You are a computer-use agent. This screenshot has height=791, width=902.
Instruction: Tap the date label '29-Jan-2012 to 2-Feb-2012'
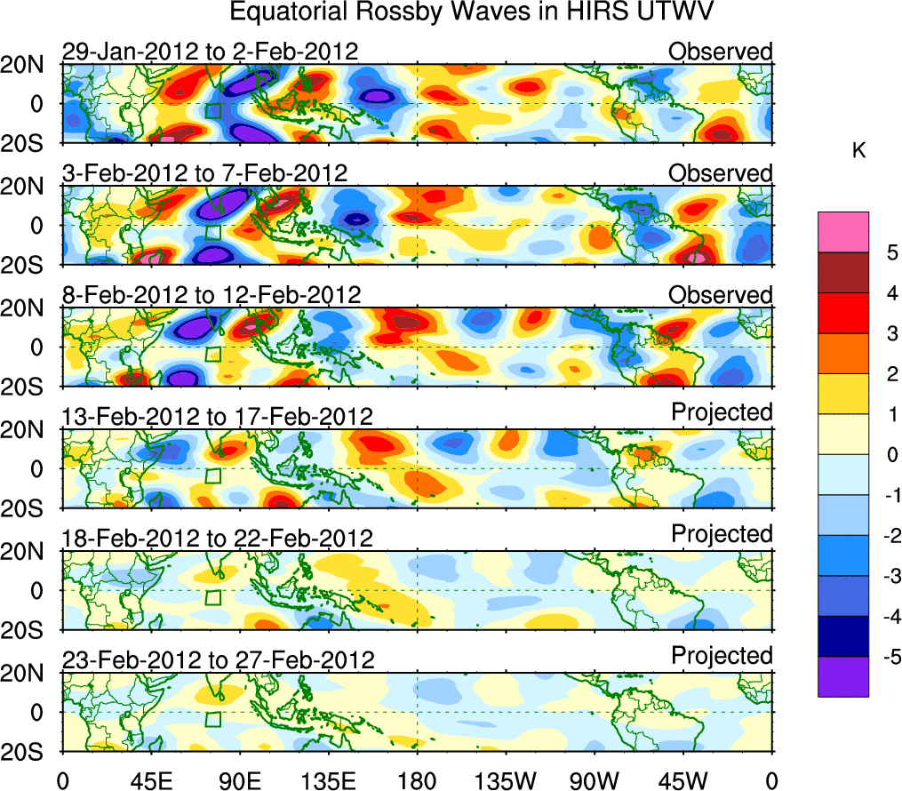point(207,52)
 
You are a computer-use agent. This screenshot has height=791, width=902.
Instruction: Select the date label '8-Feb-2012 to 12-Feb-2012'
point(212,295)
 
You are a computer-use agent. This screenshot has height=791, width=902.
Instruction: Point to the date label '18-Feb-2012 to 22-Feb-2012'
point(218,539)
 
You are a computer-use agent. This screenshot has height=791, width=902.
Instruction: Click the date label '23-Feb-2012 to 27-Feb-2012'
point(218,660)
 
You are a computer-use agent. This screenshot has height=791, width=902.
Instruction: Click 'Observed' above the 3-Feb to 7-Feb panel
point(721,173)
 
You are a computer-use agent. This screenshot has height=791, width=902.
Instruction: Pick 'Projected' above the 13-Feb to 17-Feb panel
point(722,412)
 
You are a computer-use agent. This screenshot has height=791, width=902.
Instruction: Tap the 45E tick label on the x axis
point(149,781)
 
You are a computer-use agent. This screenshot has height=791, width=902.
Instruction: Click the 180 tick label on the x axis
point(417,781)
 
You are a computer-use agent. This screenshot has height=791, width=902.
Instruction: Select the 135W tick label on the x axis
point(506,781)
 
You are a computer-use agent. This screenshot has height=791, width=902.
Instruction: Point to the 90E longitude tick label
point(238,781)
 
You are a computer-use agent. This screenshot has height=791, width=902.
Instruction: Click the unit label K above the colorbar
point(859,151)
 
